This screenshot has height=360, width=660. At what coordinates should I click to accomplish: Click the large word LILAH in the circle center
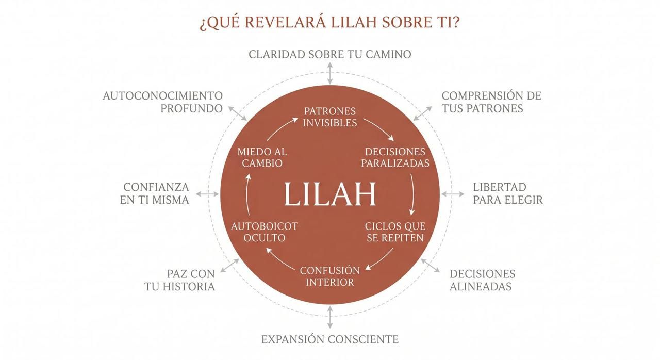330,194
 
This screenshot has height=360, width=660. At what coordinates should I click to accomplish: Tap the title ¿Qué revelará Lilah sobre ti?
329,23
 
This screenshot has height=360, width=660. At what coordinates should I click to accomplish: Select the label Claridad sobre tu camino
330,54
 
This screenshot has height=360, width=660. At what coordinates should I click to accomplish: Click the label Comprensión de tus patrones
491,102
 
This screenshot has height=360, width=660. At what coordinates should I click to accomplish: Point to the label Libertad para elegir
507,193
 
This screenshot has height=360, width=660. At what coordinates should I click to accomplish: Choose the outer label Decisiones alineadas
482,280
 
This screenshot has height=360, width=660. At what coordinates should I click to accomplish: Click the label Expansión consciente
330,339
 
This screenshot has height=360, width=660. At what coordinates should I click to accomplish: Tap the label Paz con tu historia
180,280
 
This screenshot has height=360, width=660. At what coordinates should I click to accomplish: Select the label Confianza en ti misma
155,193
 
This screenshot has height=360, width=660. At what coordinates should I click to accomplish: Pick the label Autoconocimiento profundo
163,102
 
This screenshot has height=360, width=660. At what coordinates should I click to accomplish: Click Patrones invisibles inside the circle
330,117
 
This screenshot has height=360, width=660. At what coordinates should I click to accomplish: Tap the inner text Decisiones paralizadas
395,157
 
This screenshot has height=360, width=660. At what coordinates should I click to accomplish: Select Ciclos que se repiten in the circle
395,232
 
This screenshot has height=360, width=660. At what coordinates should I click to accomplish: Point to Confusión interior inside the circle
330,276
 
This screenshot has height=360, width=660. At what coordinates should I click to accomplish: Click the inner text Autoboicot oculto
265,232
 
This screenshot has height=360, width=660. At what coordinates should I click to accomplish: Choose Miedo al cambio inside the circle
262,157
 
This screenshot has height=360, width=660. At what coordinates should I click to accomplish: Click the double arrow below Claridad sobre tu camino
330,74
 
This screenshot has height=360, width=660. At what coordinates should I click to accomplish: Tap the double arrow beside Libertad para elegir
453,194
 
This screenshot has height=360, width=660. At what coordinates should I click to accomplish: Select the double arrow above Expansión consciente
330,317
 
